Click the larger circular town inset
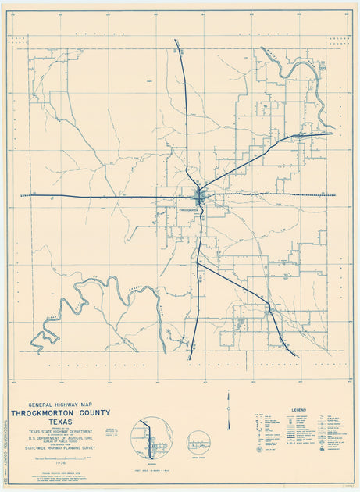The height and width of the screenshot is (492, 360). (151, 438)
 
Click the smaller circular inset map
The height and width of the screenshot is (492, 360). (199, 443)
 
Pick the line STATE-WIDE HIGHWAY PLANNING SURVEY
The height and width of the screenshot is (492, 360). (60, 448)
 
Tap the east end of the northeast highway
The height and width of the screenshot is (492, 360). (331, 134)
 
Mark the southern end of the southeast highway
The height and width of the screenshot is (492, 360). (298, 357)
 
